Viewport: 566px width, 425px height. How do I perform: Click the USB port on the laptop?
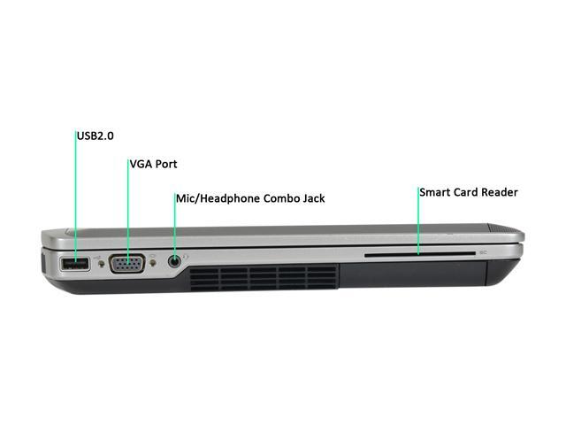(74, 263)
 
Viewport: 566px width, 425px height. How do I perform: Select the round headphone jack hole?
(175, 261)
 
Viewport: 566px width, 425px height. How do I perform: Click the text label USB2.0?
(96, 135)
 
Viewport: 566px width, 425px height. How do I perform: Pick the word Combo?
(278, 198)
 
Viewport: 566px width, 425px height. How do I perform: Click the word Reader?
(501, 191)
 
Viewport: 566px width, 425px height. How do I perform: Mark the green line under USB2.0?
(76, 195)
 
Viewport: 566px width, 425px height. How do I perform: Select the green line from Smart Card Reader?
(417, 221)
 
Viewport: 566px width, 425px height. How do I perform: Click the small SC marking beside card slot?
(483, 253)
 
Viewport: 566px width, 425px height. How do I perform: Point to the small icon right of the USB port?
(97, 261)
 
